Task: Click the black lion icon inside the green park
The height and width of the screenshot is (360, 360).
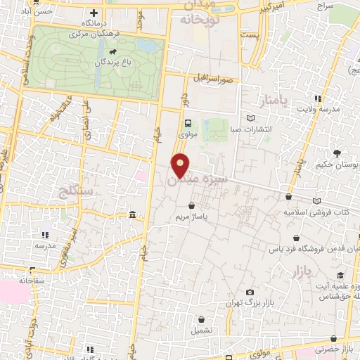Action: [x=112, y=51]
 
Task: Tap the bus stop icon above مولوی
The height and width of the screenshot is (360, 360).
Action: [x=188, y=122]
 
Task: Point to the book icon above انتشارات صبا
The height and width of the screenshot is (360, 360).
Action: [x=252, y=117]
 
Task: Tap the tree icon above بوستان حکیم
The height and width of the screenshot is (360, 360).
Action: [x=337, y=153]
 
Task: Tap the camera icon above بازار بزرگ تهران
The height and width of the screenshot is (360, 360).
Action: [x=249, y=292]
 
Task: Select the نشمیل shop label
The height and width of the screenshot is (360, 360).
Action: [x=203, y=328]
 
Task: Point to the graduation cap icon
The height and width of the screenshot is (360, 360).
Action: [x=340, y=275]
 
